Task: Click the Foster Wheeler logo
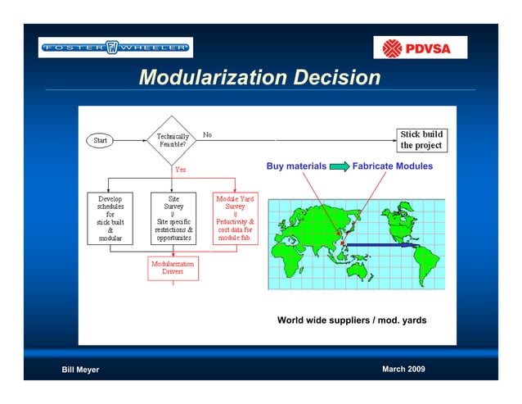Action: coord(115,48)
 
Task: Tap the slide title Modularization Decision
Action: coord(259,78)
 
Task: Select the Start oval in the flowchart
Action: coord(100,140)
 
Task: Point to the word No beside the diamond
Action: coord(207,134)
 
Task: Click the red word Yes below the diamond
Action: coord(180,170)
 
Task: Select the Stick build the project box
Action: coord(421,139)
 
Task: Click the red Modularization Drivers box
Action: coord(173,269)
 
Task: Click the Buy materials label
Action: coord(296,166)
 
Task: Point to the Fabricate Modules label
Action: coord(392,166)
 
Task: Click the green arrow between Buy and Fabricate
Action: coord(339,166)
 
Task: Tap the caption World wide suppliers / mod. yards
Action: coord(352,320)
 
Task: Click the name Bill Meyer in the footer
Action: coord(80,370)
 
